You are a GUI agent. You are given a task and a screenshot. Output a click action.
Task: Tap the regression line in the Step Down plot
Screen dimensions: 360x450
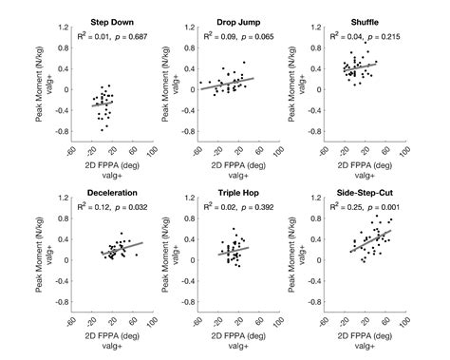click(x=103, y=102)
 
